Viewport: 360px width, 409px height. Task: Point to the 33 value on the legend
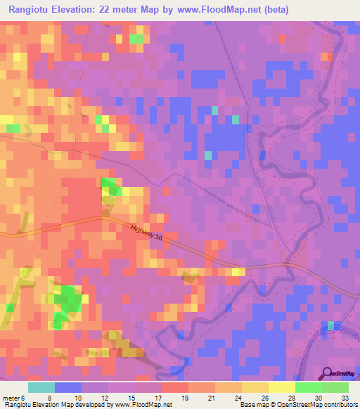[x=344, y=397]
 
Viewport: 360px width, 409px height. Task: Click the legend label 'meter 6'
[x=13, y=397]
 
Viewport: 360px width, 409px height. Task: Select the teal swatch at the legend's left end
[x=41, y=387]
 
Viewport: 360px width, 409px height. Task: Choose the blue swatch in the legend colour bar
[x=68, y=387]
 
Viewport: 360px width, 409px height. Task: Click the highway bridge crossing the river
[x=287, y=264]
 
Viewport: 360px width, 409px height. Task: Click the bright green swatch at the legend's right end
[x=335, y=387]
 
